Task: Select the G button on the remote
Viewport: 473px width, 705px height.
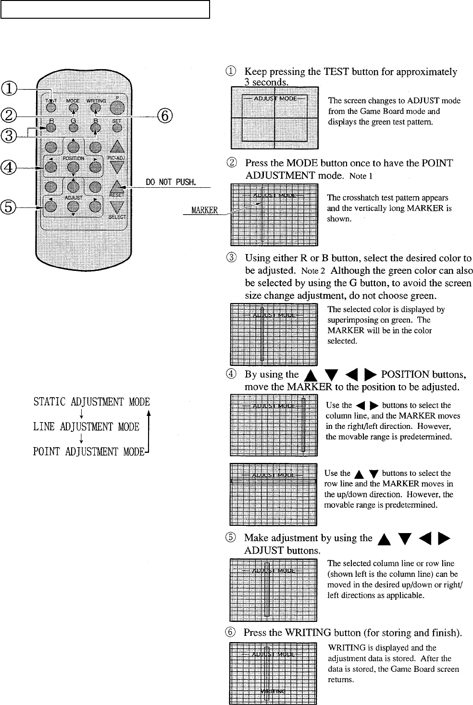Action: (73, 128)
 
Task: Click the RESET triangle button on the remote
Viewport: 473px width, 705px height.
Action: (117, 186)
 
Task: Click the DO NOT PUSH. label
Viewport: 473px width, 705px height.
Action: (171, 182)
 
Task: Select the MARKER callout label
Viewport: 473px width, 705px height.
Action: (205, 210)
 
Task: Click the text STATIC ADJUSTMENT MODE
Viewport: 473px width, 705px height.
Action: (91, 402)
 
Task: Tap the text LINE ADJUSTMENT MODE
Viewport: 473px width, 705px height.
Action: (86, 427)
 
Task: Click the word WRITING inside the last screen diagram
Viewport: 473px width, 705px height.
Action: (273, 691)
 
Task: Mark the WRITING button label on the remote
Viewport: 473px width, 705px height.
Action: (96, 101)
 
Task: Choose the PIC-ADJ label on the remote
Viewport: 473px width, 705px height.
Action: (117, 158)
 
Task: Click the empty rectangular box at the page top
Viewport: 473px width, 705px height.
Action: (105, 9)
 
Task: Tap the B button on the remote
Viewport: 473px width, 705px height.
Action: (96, 128)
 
